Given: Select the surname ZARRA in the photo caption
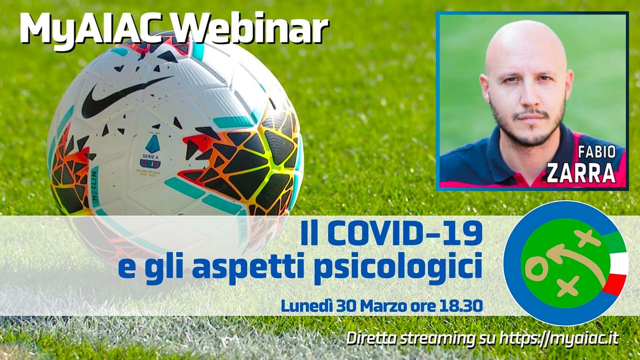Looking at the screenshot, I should click(581, 173).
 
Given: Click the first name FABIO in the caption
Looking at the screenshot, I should click(597, 152).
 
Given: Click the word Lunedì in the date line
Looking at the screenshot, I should click(304, 305).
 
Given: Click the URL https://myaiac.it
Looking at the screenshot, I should click(561, 338).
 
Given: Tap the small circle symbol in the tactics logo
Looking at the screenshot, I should click(537, 271).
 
